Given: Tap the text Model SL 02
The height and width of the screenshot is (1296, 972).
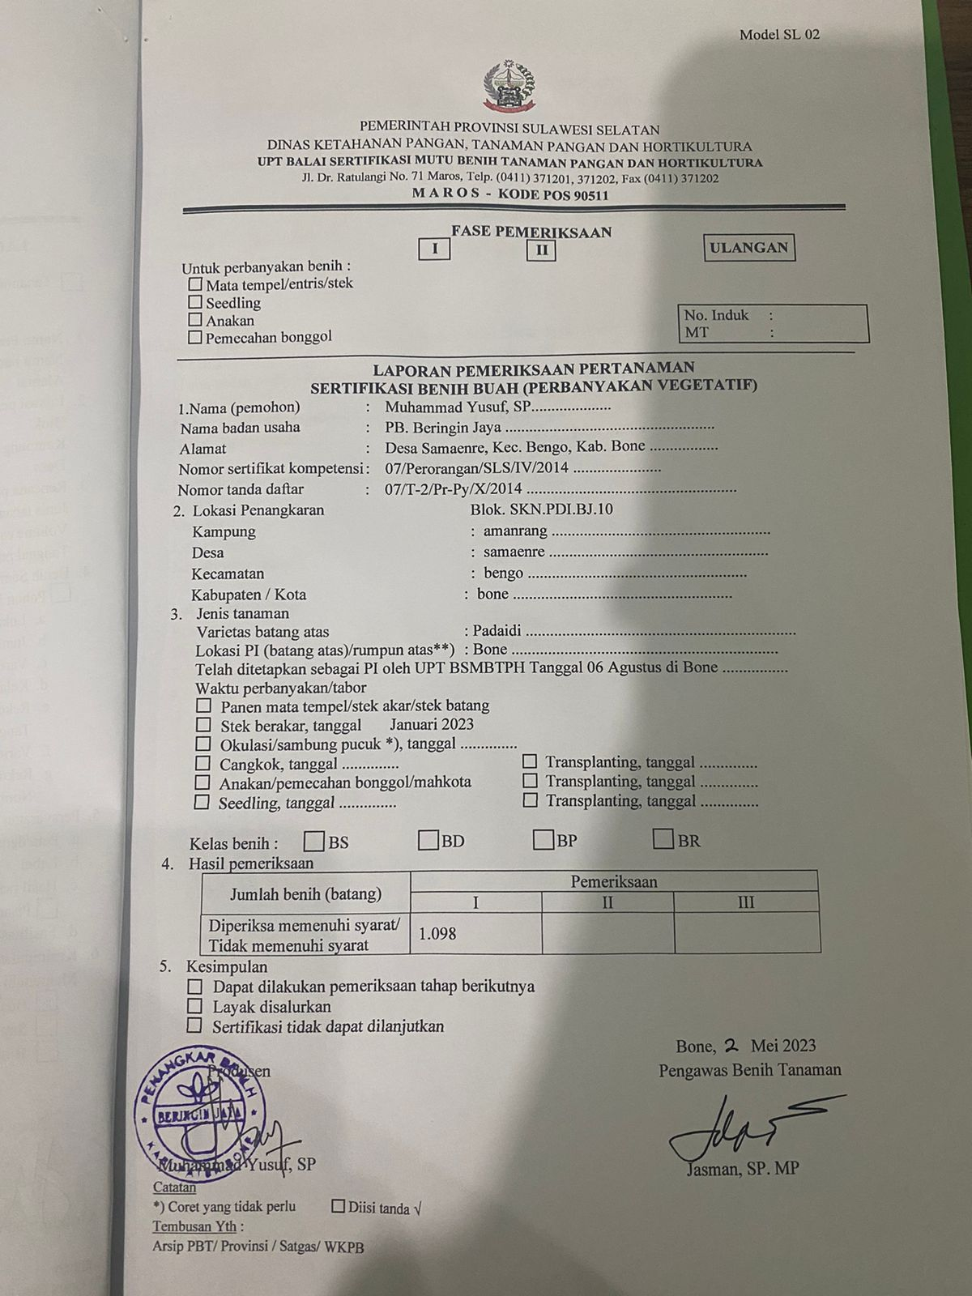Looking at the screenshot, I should [x=778, y=34].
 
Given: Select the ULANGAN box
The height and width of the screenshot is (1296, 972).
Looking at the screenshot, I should [x=748, y=248].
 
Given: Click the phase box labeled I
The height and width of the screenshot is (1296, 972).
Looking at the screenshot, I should [x=435, y=249].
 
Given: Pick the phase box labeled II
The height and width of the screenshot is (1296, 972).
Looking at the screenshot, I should [x=541, y=250].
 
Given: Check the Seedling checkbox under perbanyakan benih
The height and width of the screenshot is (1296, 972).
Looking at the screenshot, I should [x=195, y=302].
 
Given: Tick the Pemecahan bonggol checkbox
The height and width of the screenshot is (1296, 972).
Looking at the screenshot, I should [x=194, y=337].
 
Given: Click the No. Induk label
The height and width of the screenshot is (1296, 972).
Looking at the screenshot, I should [x=716, y=315].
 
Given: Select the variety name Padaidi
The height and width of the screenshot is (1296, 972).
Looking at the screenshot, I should [x=497, y=630].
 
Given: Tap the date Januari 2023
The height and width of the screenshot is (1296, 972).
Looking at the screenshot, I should [x=431, y=725].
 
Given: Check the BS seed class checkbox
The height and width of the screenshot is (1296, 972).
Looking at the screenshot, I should [x=314, y=841].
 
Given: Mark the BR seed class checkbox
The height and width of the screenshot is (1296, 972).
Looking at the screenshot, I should [x=663, y=840].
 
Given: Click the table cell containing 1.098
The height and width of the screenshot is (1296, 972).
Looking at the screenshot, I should [x=475, y=933].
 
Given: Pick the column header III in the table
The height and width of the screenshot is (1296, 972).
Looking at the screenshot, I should [x=746, y=902].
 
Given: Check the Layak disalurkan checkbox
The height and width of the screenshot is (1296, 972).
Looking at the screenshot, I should [x=194, y=1007].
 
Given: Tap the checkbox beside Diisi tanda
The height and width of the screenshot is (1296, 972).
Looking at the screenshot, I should [x=339, y=1207].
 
